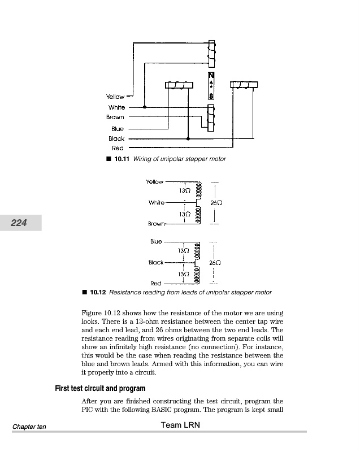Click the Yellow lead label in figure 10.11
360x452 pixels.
(x=115, y=97)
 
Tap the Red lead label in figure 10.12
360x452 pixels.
(x=155, y=283)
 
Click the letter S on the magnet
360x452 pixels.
(x=211, y=96)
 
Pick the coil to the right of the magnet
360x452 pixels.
(x=244, y=85)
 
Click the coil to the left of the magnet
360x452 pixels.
(x=179, y=85)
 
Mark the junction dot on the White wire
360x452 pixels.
(x=145, y=107)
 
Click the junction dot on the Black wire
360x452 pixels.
(x=188, y=138)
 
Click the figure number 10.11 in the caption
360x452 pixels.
(x=122, y=159)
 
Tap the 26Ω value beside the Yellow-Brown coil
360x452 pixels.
(x=215, y=202)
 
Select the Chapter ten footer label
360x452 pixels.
(x=29, y=427)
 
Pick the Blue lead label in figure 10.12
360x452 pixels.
(x=156, y=242)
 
